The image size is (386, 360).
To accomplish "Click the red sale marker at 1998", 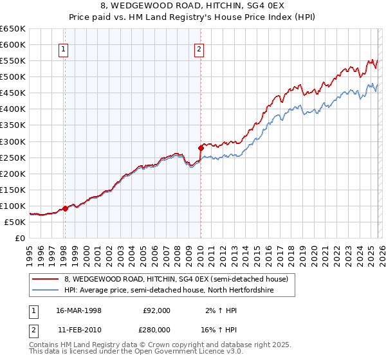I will (65, 208).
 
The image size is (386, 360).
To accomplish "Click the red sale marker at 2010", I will (201, 148).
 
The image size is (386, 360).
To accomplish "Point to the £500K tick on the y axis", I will (13, 77).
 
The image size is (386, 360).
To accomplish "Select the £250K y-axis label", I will (13, 157).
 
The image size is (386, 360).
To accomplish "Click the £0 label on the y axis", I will (20, 238).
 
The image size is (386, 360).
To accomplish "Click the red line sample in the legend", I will (46, 279).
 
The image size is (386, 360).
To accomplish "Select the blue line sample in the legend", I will (46, 291).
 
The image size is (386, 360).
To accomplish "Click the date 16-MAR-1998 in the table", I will (78, 310).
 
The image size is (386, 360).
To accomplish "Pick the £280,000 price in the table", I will (157, 329).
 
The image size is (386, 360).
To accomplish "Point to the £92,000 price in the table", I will (157, 310).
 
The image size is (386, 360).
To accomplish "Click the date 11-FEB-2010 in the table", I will (78, 329).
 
